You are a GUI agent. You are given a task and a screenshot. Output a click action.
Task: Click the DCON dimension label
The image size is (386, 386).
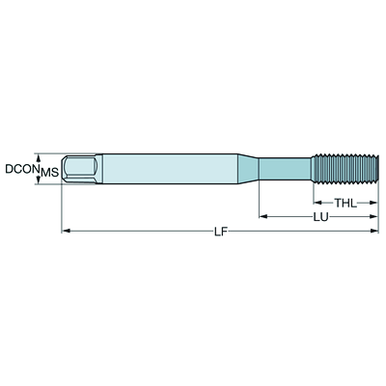(20, 169)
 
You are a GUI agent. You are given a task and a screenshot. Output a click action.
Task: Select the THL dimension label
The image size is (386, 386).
(345, 203)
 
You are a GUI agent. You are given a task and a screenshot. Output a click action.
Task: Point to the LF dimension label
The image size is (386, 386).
(220, 232)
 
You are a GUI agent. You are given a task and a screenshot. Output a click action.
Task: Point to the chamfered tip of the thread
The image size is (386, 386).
(373, 168)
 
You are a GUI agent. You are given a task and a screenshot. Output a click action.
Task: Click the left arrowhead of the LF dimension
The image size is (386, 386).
(66, 232)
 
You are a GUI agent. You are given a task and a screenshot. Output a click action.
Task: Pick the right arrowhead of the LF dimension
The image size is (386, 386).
(373, 232)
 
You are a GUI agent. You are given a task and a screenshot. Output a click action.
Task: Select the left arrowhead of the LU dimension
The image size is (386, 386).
(263, 217)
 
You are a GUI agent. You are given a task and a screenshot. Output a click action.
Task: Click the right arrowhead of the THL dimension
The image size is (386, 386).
(373, 203)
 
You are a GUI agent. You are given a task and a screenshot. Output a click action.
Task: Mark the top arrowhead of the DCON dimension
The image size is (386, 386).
(39, 155)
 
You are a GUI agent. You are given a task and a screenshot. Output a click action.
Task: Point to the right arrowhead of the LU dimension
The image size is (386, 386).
(373, 217)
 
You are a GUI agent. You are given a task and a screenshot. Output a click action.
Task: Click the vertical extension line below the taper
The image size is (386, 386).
(259, 198)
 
